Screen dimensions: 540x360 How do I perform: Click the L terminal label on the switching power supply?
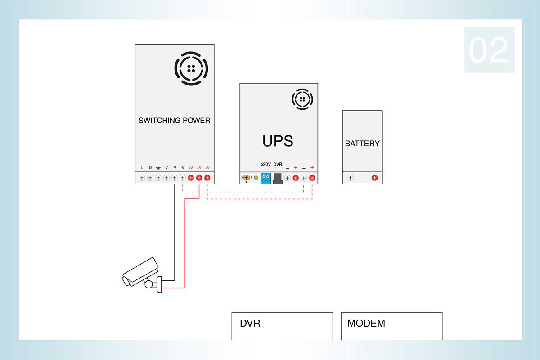click(x=142, y=168)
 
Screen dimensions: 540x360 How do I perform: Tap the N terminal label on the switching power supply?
click(x=150, y=168)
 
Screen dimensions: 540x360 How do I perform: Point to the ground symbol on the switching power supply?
click(x=158, y=167)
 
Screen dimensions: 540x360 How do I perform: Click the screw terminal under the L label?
click(x=142, y=178)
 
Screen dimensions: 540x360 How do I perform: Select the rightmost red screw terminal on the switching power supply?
click(x=207, y=178)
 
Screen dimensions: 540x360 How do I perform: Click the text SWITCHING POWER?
click(x=174, y=120)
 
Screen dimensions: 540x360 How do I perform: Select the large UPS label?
click(x=278, y=141)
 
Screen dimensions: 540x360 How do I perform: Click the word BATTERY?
click(x=362, y=144)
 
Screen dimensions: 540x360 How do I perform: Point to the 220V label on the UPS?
click(x=265, y=164)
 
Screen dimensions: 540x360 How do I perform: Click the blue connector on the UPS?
click(x=265, y=179)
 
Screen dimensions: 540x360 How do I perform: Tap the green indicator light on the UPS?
click(x=256, y=178)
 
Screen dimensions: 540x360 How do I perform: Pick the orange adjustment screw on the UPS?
click(x=246, y=178)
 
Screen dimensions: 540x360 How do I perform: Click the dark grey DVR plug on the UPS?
click(x=278, y=179)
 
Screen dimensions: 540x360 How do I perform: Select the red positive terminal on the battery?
click(x=374, y=178)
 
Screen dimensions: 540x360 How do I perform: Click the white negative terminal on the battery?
click(x=350, y=178)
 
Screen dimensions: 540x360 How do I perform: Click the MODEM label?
click(x=366, y=324)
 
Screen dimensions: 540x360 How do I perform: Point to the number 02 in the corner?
click(x=488, y=50)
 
